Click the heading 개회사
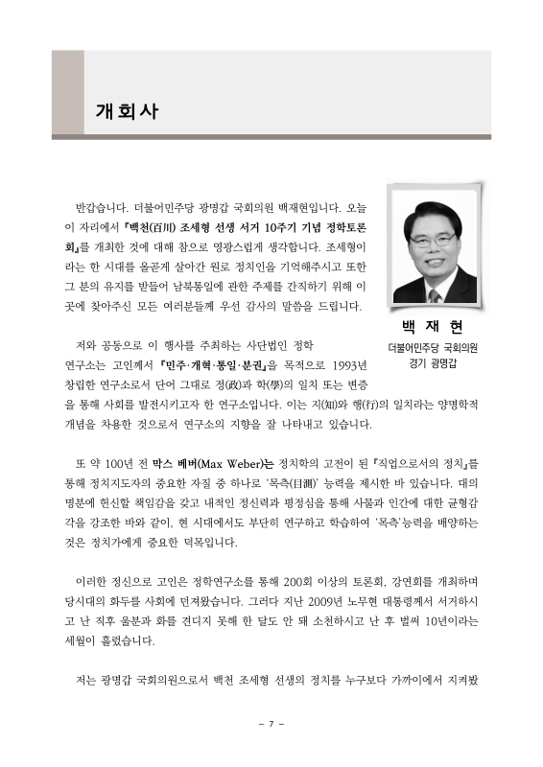click(x=127, y=109)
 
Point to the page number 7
click(x=271, y=722)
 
